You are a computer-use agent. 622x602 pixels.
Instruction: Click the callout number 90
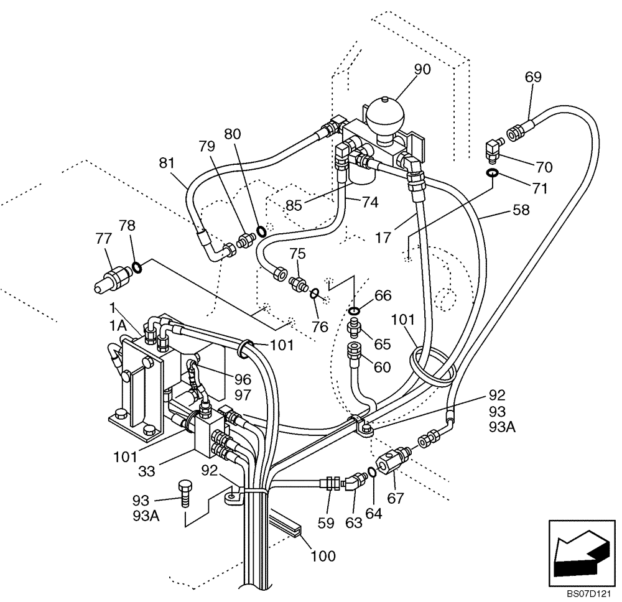pyautogui.click(x=422, y=70)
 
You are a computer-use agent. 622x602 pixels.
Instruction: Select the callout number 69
pyautogui.click(x=533, y=77)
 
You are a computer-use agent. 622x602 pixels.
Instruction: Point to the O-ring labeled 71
pyautogui.click(x=491, y=174)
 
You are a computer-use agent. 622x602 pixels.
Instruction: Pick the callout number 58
pyautogui.click(x=521, y=210)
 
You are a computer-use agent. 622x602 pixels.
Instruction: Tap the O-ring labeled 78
pyautogui.click(x=137, y=268)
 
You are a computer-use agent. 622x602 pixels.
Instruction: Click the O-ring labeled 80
pyautogui.click(x=262, y=231)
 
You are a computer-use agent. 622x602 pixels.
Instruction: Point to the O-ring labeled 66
pyautogui.click(x=354, y=311)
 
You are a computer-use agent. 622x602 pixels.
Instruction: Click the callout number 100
pyautogui.click(x=323, y=555)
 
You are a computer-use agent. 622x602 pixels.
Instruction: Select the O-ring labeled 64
pyautogui.click(x=371, y=473)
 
